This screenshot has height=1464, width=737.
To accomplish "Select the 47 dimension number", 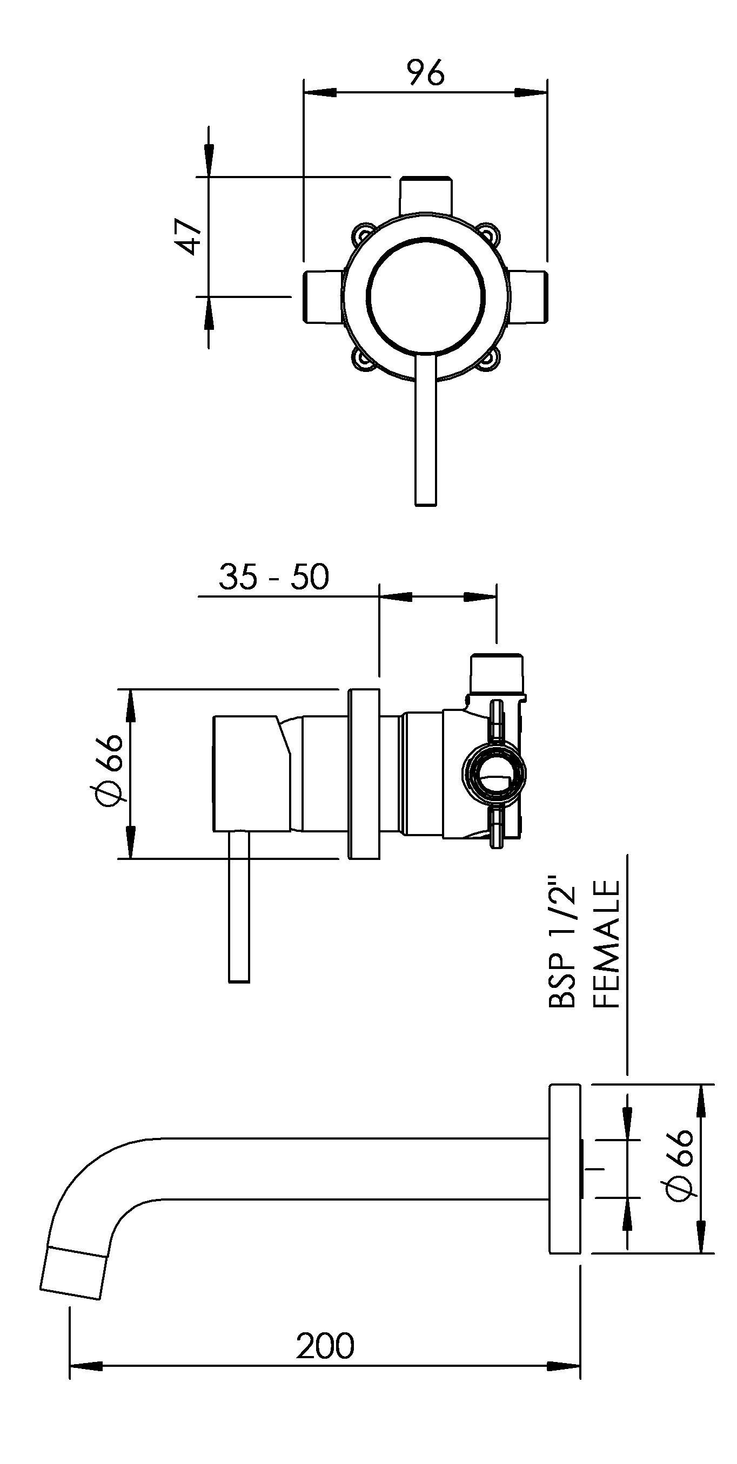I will pos(188,236).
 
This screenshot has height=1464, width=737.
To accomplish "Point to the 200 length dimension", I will pos(325,1346).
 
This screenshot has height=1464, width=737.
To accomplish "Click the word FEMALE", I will pos(606,945).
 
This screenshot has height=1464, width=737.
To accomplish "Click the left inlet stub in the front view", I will pos(323,298).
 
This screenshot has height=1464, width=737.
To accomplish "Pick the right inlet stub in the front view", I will pos(529,298).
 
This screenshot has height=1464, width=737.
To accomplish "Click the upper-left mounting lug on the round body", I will pos(362,233).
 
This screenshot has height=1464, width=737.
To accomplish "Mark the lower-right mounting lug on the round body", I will pos(490,360).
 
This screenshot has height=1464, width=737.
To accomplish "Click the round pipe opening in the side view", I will pos(494,773).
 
